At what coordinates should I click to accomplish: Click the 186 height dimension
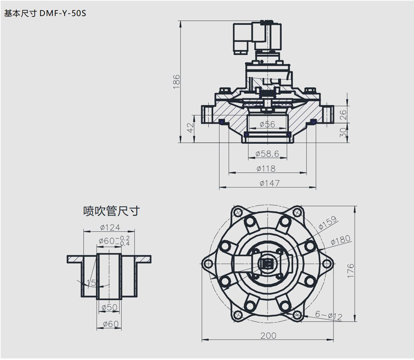[177, 81]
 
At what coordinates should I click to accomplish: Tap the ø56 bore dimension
[267, 124]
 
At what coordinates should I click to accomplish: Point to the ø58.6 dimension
[267, 154]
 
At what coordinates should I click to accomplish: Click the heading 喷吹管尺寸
[111, 211]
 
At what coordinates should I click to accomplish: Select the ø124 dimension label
[109, 228]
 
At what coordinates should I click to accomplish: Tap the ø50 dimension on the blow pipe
[109, 307]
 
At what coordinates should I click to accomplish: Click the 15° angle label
[92, 283]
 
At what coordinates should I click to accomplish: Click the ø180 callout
[341, 239]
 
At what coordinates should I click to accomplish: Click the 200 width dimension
[268, 336]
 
